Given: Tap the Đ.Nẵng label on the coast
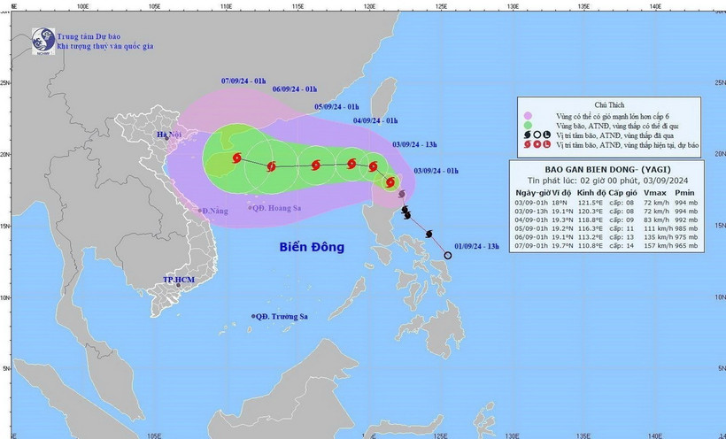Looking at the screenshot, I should pyautogui.click(x=214, y=211).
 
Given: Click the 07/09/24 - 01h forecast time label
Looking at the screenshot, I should pyautogui.click(x=243, y=81).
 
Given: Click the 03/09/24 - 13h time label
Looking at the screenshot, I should pyautogui.click(x=415, y=142).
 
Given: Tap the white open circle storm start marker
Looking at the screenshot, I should pyautogui.click(x=447, y=255).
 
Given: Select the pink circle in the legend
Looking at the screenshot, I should pyautogui.click(x=529, y=115).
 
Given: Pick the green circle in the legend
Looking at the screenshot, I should pyautogui.click(x=529, y=126).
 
